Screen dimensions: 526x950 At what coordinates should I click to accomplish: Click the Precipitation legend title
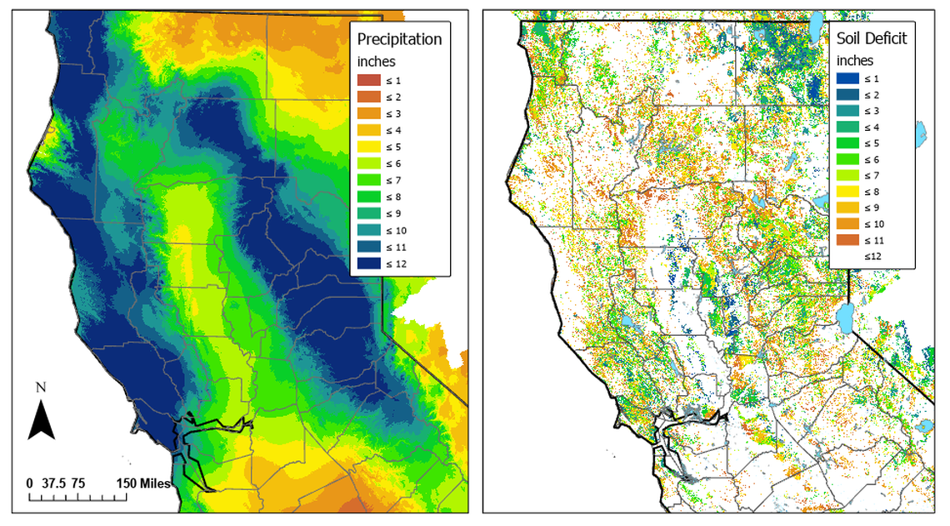[399, 39]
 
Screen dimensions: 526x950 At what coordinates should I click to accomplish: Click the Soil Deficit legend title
[871, 38]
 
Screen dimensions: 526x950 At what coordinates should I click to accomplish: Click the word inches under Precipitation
[377, 61]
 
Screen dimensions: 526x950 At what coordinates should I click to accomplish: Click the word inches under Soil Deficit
[855, 60]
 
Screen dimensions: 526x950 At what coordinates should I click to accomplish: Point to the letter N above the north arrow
[41, 388]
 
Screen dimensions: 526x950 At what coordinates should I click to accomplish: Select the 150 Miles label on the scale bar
[144, 483]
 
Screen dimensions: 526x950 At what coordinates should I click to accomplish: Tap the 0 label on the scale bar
[29, 483]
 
